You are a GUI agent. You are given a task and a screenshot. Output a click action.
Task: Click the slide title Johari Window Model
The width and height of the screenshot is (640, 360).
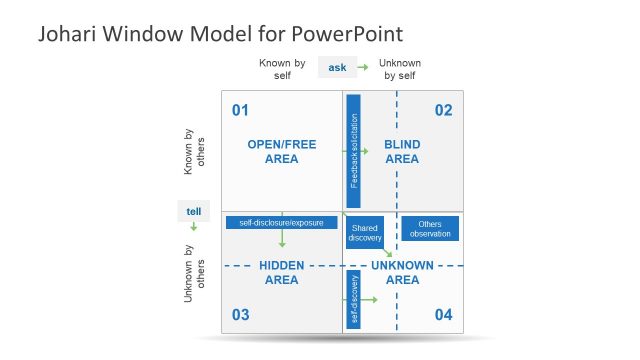(220, 34)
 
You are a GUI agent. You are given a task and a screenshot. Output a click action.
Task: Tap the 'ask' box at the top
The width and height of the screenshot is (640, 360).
(337, 68)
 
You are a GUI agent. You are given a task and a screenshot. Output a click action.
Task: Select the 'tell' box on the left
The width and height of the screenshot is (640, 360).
(193, 211)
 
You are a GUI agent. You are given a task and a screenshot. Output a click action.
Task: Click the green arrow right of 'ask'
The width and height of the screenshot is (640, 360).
(363, 68)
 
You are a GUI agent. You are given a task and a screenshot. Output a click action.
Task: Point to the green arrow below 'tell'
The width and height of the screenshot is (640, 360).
(193, 227)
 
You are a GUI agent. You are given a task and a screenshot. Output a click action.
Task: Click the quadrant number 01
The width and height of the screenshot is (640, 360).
(240, 109)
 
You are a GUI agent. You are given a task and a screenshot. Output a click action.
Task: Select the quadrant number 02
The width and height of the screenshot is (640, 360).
(444, 109)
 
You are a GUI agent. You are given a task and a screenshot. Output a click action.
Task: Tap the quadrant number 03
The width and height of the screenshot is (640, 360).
(240, 315)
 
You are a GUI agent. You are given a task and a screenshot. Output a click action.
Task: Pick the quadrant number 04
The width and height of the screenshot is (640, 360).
(444, 315)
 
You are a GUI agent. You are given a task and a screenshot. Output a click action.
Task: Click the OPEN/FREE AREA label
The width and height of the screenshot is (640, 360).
(282, 151)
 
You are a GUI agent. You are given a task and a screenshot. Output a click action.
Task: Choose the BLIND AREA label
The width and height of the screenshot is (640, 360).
(402, 151)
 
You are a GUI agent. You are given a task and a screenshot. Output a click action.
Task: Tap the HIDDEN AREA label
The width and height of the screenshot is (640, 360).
(281, 272)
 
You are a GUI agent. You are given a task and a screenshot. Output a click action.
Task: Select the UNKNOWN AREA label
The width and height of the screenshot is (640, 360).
(402, 272)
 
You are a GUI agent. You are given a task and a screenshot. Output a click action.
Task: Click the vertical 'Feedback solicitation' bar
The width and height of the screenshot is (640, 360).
(353, 151)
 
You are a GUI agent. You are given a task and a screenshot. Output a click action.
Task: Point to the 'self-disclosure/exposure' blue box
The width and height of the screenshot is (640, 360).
(275, 222)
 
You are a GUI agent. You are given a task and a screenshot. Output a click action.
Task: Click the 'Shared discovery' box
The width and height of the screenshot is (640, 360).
(365, 233)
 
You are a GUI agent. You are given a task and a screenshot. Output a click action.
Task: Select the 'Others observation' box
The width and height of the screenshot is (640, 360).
(430, 228)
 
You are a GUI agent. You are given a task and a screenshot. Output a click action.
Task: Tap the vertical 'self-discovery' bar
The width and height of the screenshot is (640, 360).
(353, 299)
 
